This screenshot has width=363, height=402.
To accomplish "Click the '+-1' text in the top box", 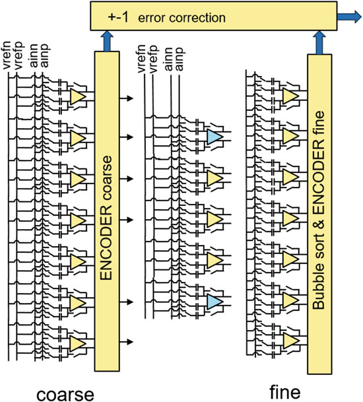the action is (x=118, y=17).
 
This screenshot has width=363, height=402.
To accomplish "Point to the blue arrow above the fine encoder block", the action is (x=319, y=42).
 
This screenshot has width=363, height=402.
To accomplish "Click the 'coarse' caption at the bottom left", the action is (x=65, y=394).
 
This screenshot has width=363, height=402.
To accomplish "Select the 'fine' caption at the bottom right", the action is (x=285, y=392).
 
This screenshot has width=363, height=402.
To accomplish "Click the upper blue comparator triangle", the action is (x=214, y=137).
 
